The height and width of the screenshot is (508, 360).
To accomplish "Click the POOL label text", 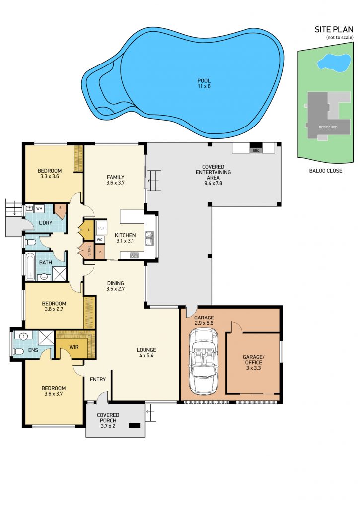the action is (204, 81).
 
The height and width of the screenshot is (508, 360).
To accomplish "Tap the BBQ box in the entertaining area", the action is (256, 151).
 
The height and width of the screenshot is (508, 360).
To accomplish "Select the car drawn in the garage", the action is (204, 362).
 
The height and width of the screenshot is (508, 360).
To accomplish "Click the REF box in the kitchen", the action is (101, 228).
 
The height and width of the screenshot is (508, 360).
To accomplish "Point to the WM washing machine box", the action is (39, 209).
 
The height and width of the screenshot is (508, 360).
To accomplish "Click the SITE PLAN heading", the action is (334, 29).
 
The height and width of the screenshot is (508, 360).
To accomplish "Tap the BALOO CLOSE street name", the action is (325, 171).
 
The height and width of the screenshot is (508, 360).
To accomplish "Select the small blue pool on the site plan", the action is (334, 63).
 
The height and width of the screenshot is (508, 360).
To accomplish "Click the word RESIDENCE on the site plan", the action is (328, 127).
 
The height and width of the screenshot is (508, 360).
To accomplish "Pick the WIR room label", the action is (74, 347).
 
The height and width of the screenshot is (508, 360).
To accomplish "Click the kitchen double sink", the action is (149, 238).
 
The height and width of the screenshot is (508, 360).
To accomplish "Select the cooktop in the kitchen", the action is (134, 255).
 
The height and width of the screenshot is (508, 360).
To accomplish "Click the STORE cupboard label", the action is (89, 251).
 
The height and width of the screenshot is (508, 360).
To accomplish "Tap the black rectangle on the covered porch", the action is (134, 426).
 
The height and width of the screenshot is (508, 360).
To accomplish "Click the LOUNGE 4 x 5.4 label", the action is (146, 353).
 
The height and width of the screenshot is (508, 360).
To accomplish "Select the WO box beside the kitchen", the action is (100, 240).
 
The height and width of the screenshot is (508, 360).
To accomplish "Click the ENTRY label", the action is (98, 379).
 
